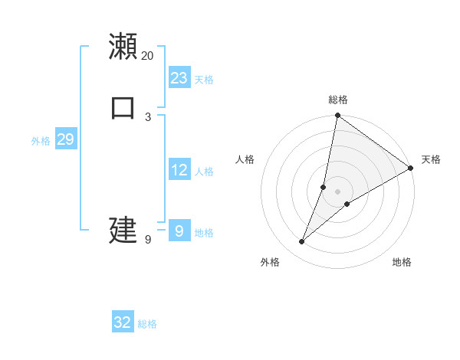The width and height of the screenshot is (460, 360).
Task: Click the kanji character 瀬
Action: (123, 47)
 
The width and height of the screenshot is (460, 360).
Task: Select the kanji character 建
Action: (123, 229)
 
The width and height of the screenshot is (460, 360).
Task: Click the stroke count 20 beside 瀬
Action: (148, 56)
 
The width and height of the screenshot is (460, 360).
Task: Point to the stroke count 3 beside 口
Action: (148, 116)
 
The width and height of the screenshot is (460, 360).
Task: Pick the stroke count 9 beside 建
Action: (148, 239)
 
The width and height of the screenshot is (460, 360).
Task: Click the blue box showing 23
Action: (179, 78)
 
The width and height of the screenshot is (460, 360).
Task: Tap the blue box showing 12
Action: (179, 170)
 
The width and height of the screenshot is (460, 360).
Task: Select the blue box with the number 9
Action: (179, 231)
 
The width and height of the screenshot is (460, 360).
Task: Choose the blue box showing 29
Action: (65, 139)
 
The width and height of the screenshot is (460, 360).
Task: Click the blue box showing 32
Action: (123, 322)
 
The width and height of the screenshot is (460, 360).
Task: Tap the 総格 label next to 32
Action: (148, 324)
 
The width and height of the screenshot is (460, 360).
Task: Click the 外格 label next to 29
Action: (41, 141)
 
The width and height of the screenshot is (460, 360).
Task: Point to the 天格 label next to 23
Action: (204, 80)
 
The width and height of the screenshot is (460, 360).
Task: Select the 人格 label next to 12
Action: (204, 172)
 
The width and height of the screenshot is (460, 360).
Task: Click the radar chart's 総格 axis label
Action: (337, 100)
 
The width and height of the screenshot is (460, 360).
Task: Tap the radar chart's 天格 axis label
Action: (431, 159)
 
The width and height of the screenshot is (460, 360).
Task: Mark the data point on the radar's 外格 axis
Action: (302, 242)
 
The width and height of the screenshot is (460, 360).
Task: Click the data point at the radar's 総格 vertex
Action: (337, 116)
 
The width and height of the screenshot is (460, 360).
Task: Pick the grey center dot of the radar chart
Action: (337, 191)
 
